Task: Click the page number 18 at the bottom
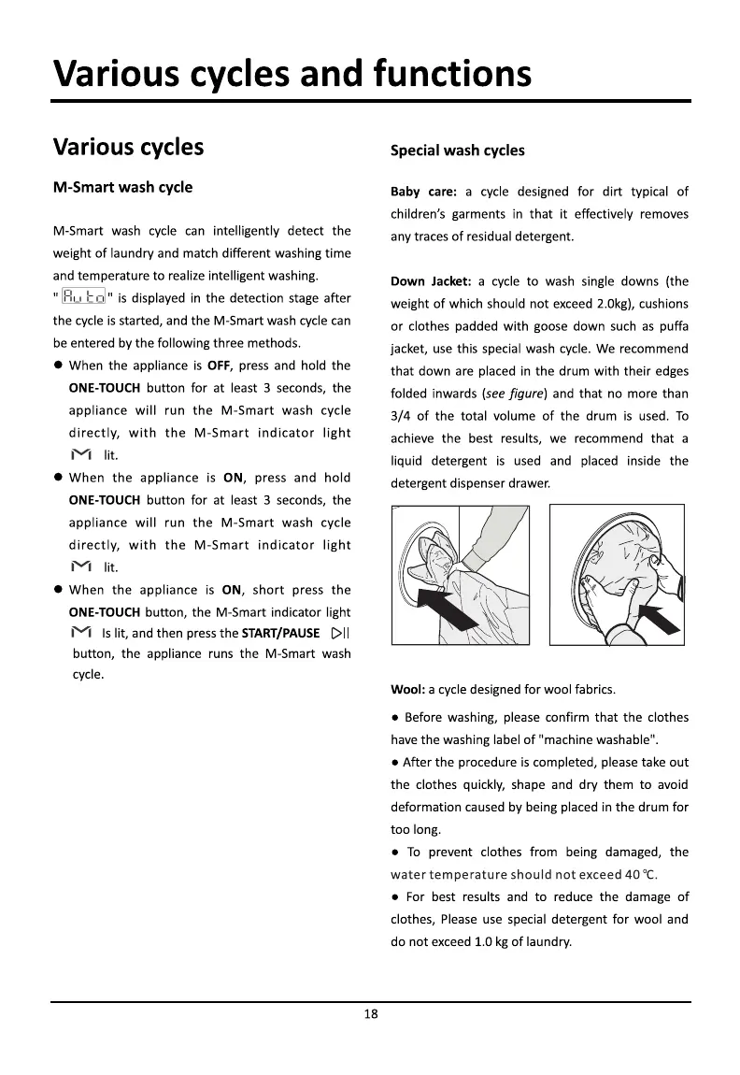click(371, 1016)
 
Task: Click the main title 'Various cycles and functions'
click(292, 73)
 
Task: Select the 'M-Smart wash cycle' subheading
click(122, 187)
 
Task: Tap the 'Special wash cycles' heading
click(457, 150)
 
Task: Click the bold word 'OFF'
click(219, 365)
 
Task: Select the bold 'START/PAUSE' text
click(280, 635)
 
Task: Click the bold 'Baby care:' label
click(423, 192)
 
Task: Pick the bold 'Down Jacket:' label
click(430, 281)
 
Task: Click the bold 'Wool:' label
click(407, 690)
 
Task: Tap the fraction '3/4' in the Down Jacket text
click(401, 416)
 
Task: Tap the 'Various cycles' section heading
click(128, 147)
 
